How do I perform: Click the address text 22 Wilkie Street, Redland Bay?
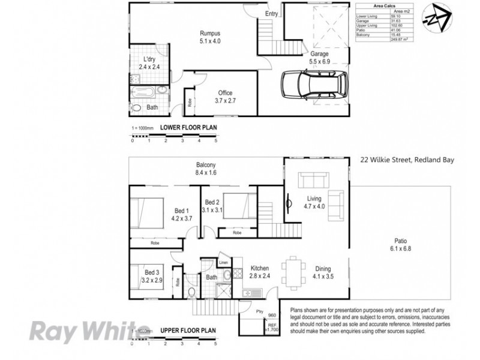407,160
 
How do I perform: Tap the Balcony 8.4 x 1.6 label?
206,169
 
